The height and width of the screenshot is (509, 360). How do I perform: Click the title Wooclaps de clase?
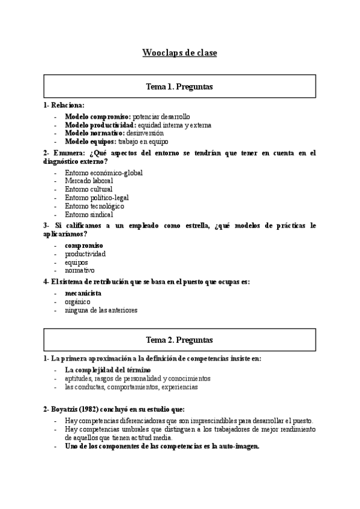click(x=179, y=53)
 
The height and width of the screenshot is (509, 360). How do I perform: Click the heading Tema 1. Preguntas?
click(x=179, y=87)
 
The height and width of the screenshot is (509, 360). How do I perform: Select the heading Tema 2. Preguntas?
click(x=179, y=340)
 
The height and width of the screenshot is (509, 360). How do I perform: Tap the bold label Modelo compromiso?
click(x=97, y=116)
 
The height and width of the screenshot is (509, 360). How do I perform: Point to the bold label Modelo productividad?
click(x=100, y=125)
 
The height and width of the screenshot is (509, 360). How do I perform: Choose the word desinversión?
click(x=145, y=133)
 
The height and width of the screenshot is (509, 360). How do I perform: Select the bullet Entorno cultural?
click(x=88, y=189)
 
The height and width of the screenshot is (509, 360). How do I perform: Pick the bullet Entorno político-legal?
click(x=97, y=197)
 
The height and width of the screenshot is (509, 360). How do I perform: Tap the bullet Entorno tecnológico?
click(x=94, y=206)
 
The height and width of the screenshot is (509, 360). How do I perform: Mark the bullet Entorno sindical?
click(x=89, y=214)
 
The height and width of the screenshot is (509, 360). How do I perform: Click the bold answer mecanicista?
click(x=83, y=294)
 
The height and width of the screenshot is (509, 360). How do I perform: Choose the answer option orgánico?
click(x=77, y=302)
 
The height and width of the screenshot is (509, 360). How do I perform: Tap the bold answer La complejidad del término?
click(x=107, y=370)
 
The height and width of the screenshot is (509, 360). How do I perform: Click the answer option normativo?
click(x=79, y=270)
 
